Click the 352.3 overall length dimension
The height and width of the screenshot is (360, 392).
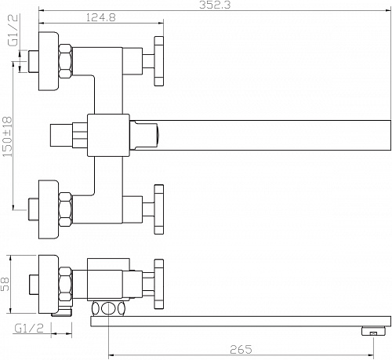click(x=215, y=5)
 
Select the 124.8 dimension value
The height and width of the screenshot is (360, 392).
click(x=100, y=17)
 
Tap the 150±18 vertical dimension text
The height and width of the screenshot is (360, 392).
click(x=7, y=136)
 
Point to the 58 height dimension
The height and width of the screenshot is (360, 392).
click(x=5, y=284)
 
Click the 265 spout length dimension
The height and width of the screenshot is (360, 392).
click(x=241, y=349)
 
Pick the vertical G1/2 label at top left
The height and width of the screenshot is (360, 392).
click(x=13, y=31)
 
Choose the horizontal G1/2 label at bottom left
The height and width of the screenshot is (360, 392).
click(x=29, y=329)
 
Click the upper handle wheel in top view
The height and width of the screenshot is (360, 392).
click(x=159, y=61)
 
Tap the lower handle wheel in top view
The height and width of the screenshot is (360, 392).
click(x=159, y=209)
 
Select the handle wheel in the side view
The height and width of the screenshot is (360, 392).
click(x=159, y=284)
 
